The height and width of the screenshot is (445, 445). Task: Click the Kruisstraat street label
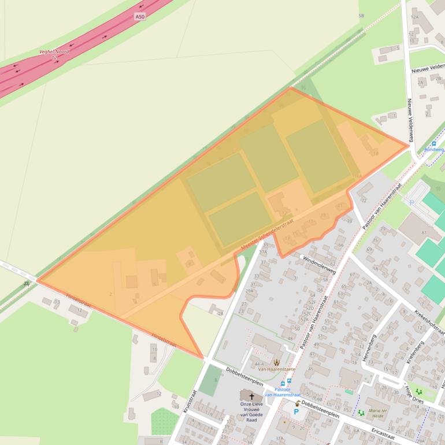tap(190, 402)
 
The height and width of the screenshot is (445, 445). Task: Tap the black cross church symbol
tap(251, 396)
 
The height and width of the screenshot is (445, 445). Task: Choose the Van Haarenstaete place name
tap(276, 369)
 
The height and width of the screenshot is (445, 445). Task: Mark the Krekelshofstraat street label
tap(429, 322)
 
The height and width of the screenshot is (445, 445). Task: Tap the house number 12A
tap(414, 17)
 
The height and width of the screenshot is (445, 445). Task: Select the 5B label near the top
tap(362, 16)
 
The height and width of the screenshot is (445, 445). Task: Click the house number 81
tap(424, 233)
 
